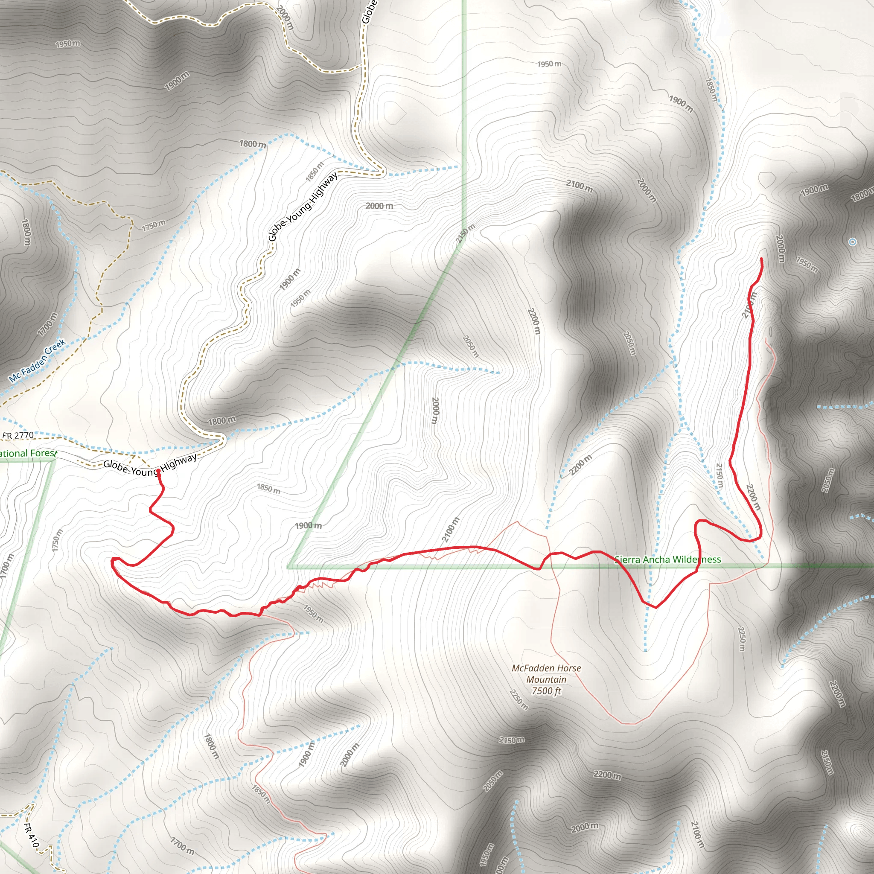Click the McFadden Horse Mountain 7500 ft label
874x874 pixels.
click(x=546, y=679)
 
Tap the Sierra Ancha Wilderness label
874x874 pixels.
click(x=668, y=559)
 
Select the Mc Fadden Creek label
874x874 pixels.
click(x=38, y=361)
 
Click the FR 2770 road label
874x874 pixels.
click(x=18, y=435)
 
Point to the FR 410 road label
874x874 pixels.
click(x=31, y=835)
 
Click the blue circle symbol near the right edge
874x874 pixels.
click(x=853, y=242)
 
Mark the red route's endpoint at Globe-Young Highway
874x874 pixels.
click(x=158, y=472)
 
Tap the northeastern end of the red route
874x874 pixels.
click(x=762, y=259)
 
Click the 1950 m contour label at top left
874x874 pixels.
click(x=68, y=44)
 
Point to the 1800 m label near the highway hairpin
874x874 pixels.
click(x=221, y=421)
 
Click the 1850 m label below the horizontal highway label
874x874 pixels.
click(x=269, y=489)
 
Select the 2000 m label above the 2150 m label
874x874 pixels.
click(x=379, y=206)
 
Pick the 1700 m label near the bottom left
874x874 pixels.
click(x=182, y=845)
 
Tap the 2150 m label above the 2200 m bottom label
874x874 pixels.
click(x=512, y=740)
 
